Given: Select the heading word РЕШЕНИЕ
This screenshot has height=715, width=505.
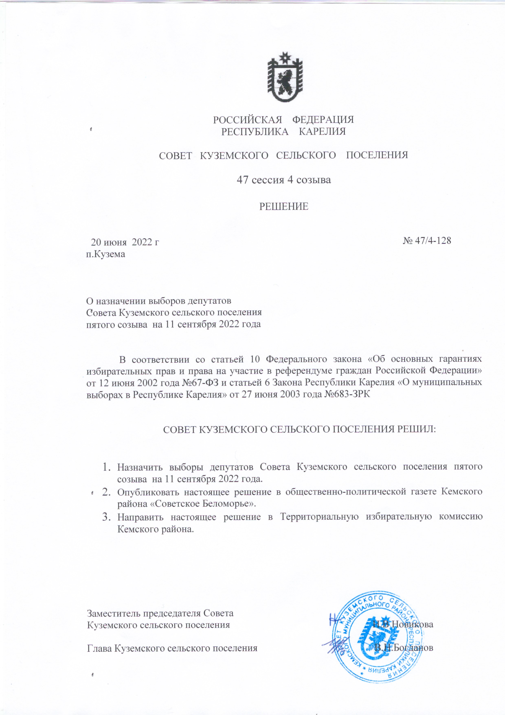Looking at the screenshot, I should pos(284,207).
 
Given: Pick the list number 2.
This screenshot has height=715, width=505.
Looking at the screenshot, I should pos(106,492).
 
